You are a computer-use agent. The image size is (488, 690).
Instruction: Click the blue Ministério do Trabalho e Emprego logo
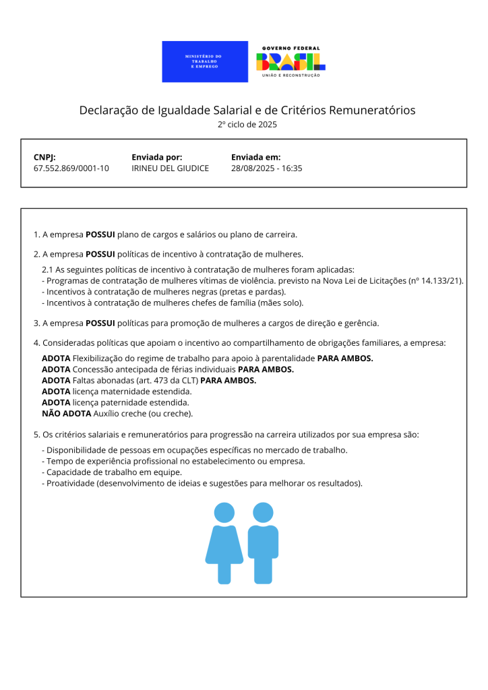click(x=205, y=62)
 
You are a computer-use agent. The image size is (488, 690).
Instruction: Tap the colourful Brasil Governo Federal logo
click(x=291, y=62)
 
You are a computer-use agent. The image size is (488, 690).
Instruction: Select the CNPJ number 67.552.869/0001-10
click(x=71, y=168)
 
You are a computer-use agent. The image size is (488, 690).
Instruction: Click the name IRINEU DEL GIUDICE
click(x=170, y=168)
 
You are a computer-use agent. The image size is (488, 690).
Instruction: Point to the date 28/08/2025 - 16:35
click(x=266, y=168)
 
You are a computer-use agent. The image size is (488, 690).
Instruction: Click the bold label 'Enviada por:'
click(x=157, y=157)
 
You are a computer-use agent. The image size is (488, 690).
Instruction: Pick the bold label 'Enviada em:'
click(x=255, y=157)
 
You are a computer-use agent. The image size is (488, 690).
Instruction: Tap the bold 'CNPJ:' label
click(x=44, y=157)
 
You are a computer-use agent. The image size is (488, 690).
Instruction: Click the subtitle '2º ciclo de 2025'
click(x=247, y=125)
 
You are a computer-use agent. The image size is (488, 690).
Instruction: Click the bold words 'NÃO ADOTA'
click(x=66, y=413)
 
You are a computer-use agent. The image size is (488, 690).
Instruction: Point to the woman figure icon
click(x=224, y=542)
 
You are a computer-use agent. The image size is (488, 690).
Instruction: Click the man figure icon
click(x=263, y=542)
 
